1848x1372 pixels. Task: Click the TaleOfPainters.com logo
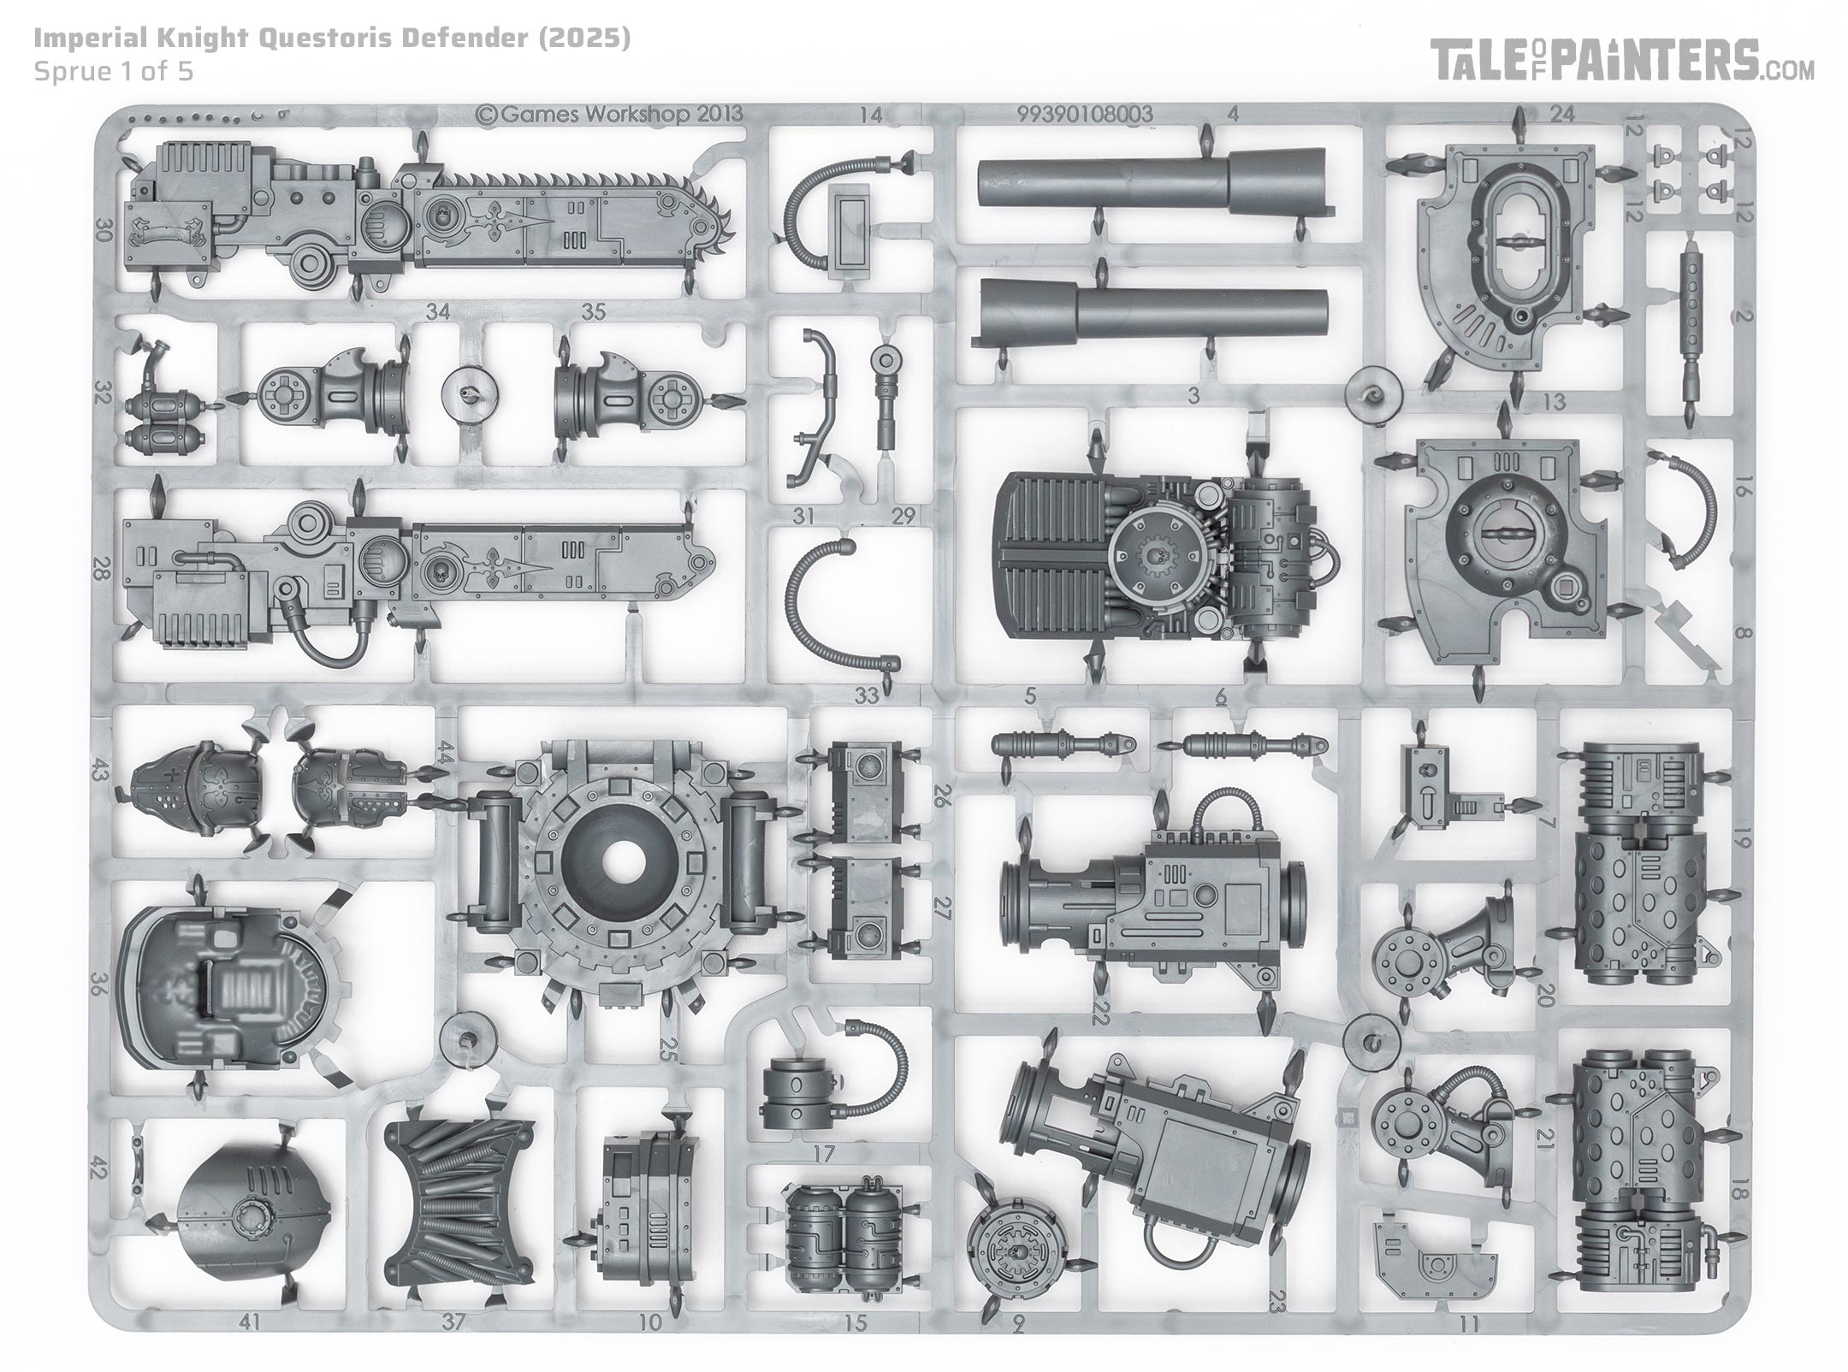point(1624,62)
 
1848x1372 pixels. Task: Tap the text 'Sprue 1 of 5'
point(114,71)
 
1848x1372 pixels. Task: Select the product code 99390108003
point(1086,114)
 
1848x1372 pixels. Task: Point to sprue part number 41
point(250,1322)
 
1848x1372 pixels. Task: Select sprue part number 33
point(867,695)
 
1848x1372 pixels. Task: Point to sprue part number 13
point(1554,400)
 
